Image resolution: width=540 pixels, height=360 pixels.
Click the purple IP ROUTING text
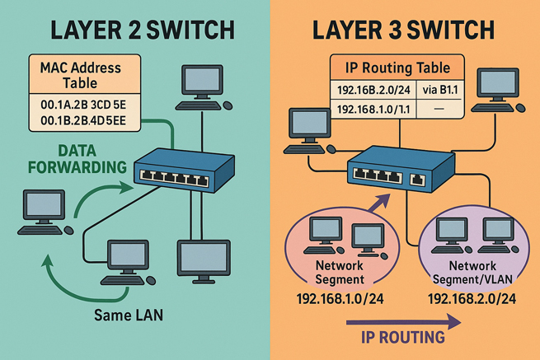coord(404,337)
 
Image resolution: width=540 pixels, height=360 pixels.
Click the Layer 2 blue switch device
coord(173,171)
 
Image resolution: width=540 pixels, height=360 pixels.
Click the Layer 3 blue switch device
coord(396,171)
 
